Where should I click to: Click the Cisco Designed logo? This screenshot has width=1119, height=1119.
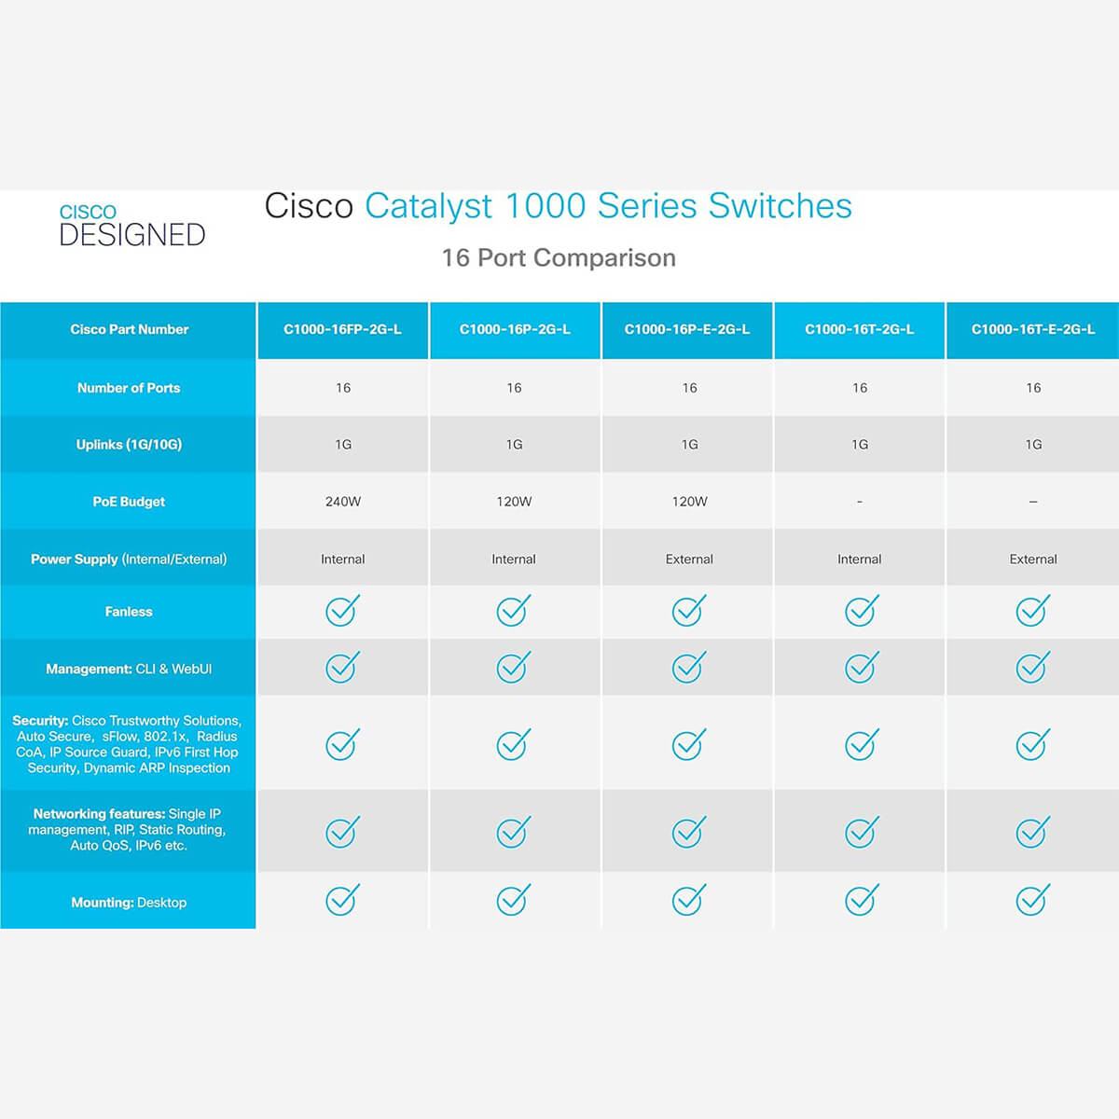(x=132, y=226)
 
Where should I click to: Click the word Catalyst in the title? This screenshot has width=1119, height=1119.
(x=429, y=207)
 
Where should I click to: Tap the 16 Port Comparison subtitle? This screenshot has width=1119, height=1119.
(x=559, y=257)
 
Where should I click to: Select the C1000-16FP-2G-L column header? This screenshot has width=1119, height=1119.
(x=342, y=329)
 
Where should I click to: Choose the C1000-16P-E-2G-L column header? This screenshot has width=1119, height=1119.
(x=687, y=329)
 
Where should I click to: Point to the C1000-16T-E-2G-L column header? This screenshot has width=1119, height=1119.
(x=1033, y=329)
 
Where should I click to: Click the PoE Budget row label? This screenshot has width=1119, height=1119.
(x=129, y=502)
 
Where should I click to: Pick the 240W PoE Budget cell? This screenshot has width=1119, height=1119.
(x=342, y=502)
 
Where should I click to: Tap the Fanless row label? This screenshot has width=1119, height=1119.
(x=129, y=612)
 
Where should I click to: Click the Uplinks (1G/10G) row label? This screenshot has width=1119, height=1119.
(x=129, y=445)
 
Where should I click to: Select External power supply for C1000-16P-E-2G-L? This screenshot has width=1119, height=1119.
(x=689, y=559)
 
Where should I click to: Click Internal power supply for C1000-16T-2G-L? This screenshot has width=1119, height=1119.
(x=860, y=559)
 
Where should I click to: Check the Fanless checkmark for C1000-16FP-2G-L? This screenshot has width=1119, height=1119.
(x=342, y=610)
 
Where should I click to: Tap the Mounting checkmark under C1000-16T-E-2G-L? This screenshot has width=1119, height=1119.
(x=1033, y=900)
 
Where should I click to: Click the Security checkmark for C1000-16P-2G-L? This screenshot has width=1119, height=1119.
(x=513, y=744)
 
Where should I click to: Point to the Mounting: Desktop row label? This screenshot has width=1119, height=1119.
(x=129, y=903)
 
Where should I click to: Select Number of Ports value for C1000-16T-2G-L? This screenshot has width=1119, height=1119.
(x=860, y=388)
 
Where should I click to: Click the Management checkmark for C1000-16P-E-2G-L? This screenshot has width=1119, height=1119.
(x=689, y=668)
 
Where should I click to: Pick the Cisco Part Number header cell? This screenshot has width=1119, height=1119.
(x=129, y=329)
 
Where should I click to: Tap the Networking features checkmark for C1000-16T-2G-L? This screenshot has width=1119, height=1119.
(x=862, y=832)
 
